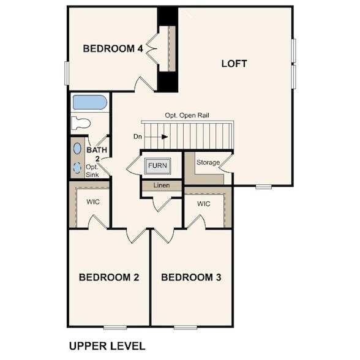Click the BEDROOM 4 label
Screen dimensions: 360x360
click(x=113, y=48)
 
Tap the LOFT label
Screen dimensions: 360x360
click(x=234, y=63)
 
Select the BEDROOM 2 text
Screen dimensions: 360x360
click(x=109, y=277)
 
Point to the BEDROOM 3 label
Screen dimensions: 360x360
click(x=191, y=277)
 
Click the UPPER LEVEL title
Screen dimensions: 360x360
click(x=107, y=345)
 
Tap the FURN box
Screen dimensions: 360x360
click(x=157, y=165)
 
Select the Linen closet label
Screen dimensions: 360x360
click(x=161, y=185)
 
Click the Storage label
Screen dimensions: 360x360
click(x=208, y=162)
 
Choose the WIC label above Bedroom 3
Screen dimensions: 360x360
click(x=203, y=203)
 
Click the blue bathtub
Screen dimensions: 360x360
click(x=89, y=102)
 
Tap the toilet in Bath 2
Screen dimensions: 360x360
click(x=80, y=122)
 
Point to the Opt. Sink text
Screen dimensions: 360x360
click(x=92, y=170)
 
